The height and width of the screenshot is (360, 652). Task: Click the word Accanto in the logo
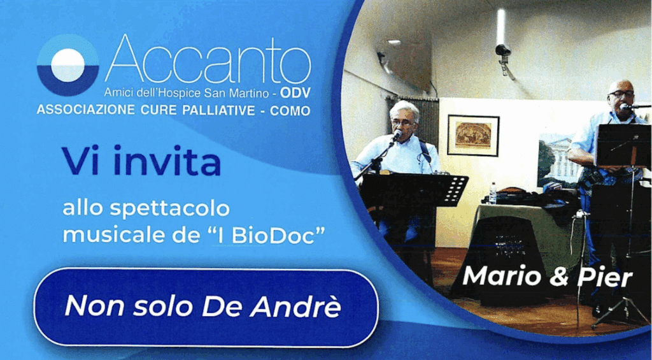point(208,59)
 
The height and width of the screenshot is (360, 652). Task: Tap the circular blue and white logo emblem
point(67,65)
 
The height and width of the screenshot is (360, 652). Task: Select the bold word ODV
point(295,93)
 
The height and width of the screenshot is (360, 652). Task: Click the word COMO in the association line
point(290,111)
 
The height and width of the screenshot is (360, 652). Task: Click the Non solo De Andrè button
point(206,307)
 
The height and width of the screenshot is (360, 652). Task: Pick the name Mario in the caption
point(502,276)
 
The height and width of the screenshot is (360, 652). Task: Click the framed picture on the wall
point(473,135)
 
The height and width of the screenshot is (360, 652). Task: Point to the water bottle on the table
point(493,193)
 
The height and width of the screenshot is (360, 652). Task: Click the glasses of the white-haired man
point(402,123)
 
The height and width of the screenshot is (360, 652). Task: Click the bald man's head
point(621,94)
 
